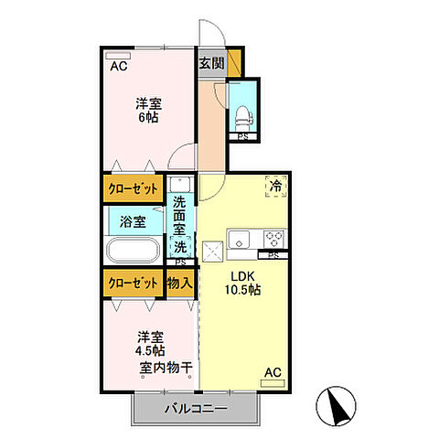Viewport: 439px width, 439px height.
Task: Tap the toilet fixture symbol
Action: point(243,114)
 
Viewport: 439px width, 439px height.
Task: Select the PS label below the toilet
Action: point(243,137)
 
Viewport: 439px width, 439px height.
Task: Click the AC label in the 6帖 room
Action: point(119,66)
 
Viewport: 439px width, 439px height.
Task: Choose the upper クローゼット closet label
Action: point(132,188)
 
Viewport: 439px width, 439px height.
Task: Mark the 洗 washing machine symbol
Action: point(181,246)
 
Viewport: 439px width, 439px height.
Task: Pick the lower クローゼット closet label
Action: point(132,284)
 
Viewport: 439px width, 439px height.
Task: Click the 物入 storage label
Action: point(179,284)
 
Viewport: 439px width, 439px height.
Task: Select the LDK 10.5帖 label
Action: point(244,283)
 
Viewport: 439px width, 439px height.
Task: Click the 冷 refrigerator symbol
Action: point(275,186)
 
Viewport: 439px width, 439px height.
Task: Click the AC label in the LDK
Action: point(272,372)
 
